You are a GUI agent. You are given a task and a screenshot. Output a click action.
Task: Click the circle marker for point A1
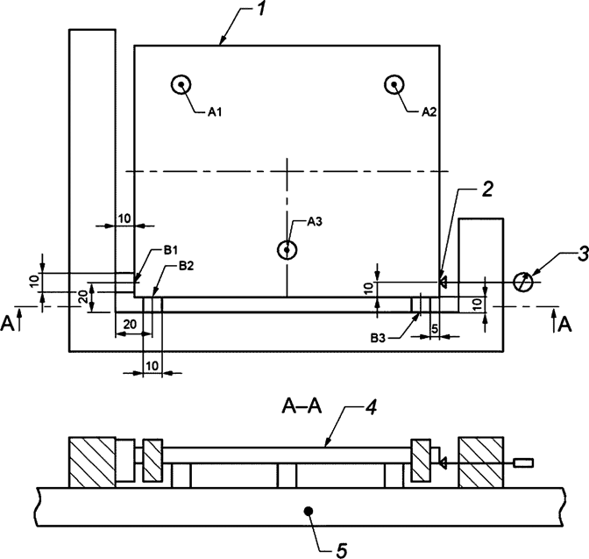pyautogui.click(x=181, y=84)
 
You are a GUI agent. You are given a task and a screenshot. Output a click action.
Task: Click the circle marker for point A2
pyautogui.click(x=395, y=84)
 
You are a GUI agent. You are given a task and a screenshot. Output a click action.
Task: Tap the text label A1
pyautogui.click(x=215, y=112)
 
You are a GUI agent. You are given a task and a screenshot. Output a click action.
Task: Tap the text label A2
pyautogui.click(x=429, y=112)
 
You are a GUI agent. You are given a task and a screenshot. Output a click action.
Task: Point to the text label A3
pyautogui.click(x=316, y=222)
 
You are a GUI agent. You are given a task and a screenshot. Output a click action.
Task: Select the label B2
pyautogui.click(x=186, y=265)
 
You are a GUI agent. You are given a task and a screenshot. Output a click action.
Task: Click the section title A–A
pyautogui.click(x=298, y=406)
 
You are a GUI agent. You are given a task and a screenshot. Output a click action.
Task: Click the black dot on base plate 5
pyautogui.click(x=308, y=510)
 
